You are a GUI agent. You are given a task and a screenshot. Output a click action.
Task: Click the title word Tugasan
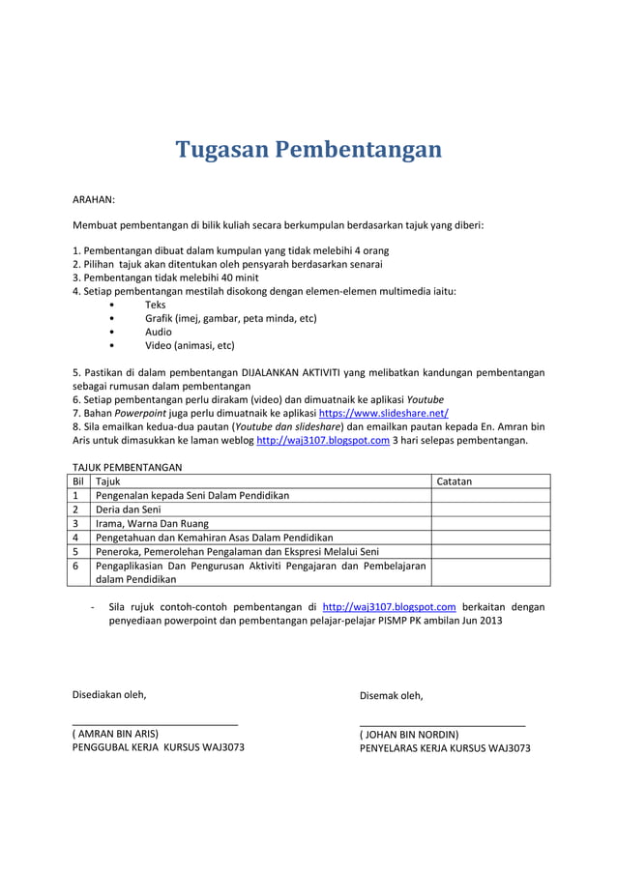220,150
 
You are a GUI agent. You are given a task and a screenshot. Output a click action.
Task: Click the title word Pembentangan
357,150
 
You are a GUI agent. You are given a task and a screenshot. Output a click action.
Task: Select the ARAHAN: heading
94,200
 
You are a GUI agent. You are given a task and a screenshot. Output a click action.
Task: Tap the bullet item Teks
156,305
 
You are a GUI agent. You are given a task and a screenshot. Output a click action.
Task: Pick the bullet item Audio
159,332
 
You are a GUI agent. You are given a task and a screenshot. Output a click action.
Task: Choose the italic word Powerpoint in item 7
140,413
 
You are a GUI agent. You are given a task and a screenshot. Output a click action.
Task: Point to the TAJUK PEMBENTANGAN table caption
128,467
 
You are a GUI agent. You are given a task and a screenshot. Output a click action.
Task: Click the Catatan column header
455,480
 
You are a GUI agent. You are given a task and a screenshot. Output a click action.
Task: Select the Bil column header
79,480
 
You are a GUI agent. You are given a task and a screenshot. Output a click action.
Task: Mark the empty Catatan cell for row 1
489,495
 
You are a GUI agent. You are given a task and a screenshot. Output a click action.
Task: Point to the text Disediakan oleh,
110,694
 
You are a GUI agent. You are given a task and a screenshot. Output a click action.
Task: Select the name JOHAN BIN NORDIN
409,735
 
